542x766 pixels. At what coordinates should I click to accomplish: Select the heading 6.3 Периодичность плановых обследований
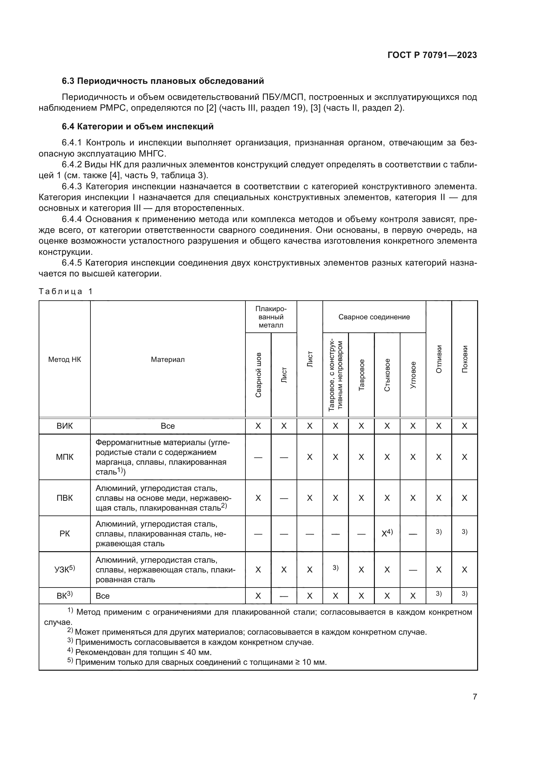[x=163, y=81]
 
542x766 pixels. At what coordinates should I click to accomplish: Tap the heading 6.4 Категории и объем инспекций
[x=138, y=127]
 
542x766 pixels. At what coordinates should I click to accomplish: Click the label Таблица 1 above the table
[x=66, y=291]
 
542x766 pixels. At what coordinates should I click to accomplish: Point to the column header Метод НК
[x=65, y=359]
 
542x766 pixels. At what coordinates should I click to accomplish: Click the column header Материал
[x=167, y=359]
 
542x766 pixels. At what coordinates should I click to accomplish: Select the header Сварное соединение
[x=374, y=317]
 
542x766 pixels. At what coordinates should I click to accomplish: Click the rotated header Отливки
[x=438, y=359]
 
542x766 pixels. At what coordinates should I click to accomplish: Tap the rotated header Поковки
[x=464, y=359]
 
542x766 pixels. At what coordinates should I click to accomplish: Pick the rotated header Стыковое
[x=387, y=375]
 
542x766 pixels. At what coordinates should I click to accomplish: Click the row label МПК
[x=65, y=457]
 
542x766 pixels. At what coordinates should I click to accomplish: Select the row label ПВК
[x=65, y=498]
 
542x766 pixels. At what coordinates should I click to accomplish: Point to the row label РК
[x=65, y=533]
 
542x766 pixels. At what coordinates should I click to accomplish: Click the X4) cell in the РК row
[x=387, y=533]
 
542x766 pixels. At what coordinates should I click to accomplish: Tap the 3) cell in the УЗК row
[x=336, y=568]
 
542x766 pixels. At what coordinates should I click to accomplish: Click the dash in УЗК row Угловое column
[x=413, y=570]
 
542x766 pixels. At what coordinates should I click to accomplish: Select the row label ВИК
[x=65, y=426]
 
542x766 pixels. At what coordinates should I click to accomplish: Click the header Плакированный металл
[x=271, y=317]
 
